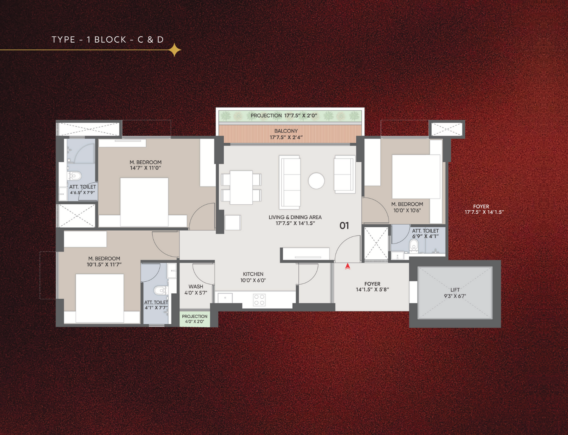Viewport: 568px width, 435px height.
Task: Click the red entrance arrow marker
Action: point(347,266)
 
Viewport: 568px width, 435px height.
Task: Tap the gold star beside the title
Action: point(174,50)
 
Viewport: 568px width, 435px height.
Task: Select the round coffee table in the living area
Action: point(316,181)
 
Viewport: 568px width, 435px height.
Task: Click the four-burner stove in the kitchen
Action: point(259,300)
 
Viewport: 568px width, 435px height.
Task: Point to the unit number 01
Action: point(344,226)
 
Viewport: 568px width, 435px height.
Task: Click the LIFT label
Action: point(455,290)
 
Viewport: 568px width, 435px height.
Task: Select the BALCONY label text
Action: point(286,131)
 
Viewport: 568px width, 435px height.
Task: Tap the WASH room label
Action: point(196,287)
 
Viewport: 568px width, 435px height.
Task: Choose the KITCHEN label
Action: point(253,274)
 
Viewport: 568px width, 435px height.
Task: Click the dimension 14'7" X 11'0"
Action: point(146,168)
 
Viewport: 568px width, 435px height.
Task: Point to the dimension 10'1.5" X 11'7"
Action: point(104,264)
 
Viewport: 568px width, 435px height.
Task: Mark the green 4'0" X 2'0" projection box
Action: point(195,319)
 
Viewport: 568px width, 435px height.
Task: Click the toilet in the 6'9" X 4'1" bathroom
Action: point(414,246)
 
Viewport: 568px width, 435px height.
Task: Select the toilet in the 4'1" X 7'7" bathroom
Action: point(161,290)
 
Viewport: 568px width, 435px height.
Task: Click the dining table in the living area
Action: point(241,187)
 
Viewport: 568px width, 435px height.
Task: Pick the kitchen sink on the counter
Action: point(225,298)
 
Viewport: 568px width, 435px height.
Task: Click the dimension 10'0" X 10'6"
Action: point(407,210)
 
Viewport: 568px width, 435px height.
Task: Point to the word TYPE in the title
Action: point(63,40)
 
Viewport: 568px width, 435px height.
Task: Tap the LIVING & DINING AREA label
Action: point(295,217)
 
